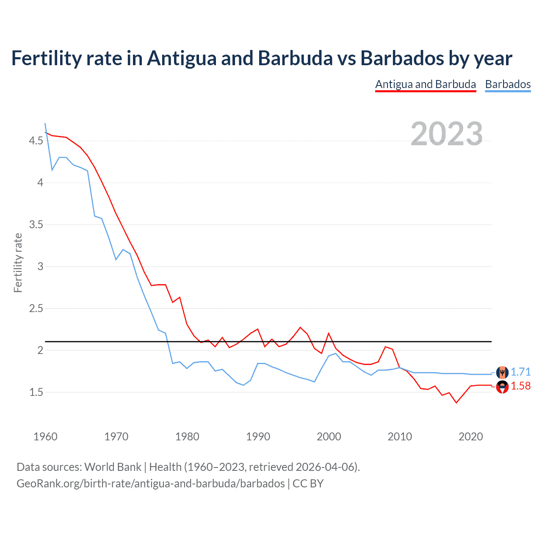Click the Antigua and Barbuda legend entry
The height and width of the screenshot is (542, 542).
(426, 84)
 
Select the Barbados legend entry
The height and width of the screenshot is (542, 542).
(508, 84)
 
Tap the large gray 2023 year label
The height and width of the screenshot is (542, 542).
(446, 134)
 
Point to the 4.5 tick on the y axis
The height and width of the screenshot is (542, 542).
(36, 141)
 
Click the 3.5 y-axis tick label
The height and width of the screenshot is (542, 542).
(36, 224)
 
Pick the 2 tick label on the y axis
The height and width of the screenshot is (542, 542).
(40, 350)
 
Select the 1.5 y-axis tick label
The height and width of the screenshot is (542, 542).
(36, 392)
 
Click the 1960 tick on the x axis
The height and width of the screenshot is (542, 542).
(45, 437)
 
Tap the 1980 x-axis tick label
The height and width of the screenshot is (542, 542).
(187, 437)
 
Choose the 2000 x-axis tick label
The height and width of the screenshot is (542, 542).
(329, 437)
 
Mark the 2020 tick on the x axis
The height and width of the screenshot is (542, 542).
(470, 437)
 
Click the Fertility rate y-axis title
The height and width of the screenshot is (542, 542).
(18, 263)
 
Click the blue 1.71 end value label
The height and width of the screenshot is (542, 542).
(520, 372)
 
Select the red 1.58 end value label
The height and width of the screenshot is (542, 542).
(520, 386)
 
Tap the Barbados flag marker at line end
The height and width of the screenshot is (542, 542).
(502, 372)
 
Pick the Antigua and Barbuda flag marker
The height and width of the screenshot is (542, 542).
(502, 387)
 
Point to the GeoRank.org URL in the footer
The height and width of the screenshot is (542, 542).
(150, 483)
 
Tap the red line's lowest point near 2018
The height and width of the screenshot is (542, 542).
(456, 403)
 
